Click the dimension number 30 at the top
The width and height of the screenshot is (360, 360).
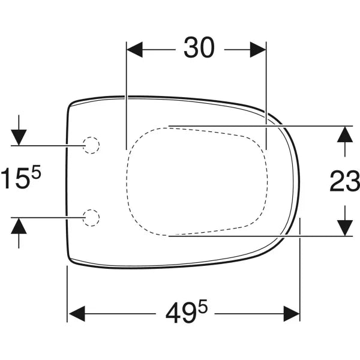tap(199, 47)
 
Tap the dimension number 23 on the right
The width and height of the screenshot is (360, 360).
tap(345, 181)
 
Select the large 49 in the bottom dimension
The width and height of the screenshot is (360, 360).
tap(182, 313)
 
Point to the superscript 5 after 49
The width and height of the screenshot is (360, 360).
tap(203, 306)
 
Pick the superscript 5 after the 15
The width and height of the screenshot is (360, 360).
tap(36, 172)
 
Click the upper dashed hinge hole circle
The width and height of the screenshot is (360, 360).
tap(91, 145)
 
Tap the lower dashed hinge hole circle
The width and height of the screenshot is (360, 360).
tap(91, 218)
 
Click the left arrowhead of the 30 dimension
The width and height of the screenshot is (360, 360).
tap(135, 50)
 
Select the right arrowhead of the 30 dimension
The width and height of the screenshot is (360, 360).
tap(258, 50)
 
